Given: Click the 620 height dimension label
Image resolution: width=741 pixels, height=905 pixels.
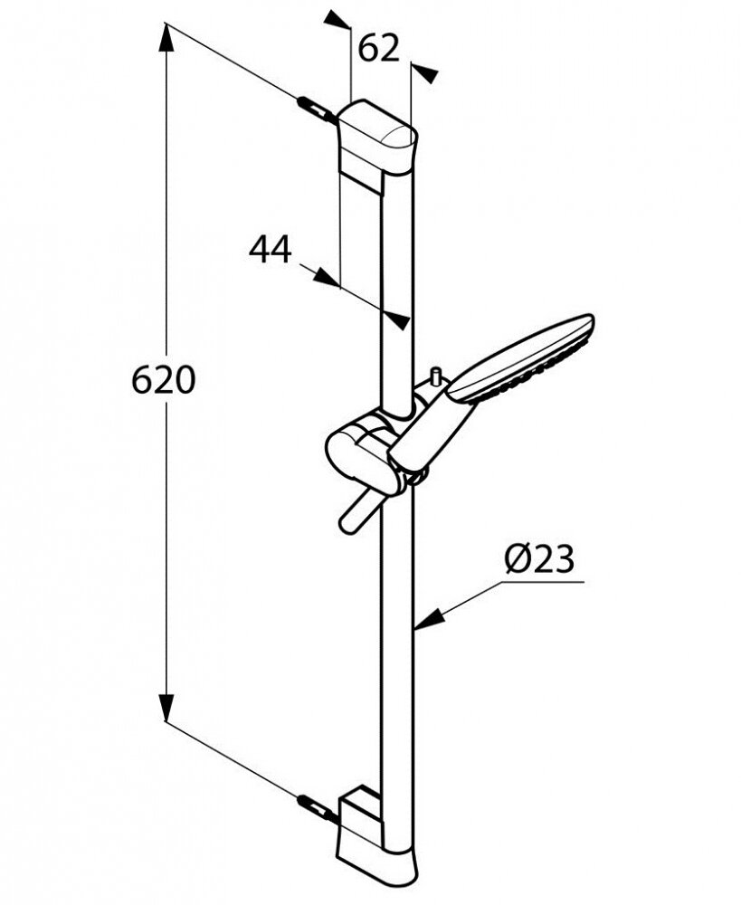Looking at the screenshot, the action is click(164, 380).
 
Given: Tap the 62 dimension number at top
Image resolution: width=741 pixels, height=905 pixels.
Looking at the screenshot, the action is click(378, 49).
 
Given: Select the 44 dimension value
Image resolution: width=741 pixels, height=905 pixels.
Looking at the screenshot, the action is click(271, 250).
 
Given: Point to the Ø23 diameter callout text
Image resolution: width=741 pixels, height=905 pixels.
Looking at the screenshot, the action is click(540, 559).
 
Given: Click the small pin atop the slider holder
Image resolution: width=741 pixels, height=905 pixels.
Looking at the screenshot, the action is click(435, 376).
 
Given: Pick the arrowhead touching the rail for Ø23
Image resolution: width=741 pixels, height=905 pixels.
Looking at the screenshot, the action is click(430, 616).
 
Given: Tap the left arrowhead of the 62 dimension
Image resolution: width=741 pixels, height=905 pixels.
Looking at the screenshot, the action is click(338, 20).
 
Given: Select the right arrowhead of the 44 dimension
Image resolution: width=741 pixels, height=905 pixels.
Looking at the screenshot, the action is click(397, 319).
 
